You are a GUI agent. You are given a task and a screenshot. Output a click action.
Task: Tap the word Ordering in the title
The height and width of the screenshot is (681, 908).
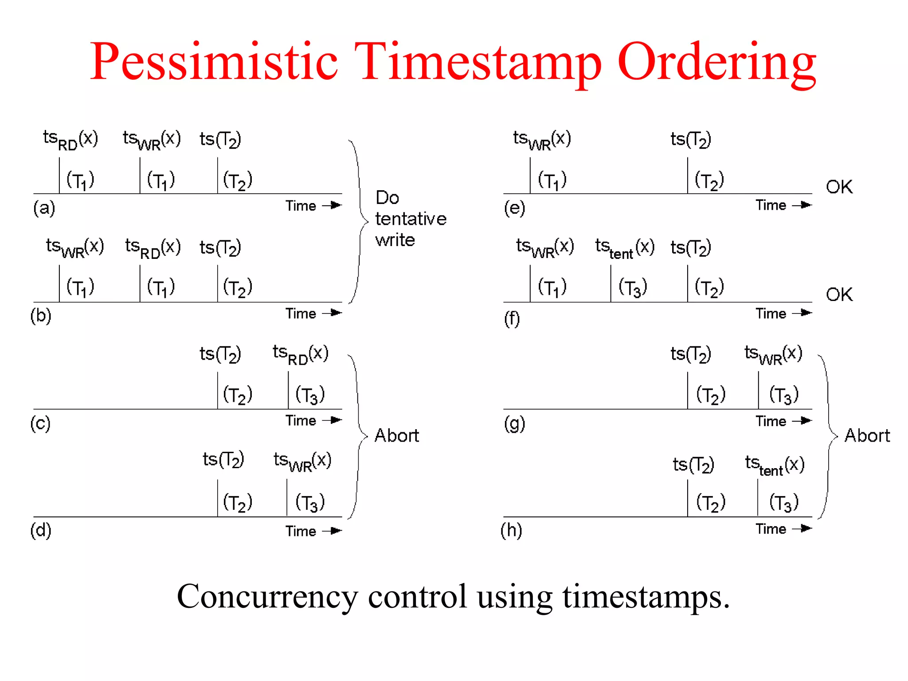pos(716,62)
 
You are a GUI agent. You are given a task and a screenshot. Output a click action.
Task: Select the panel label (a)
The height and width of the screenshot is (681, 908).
pos(44,207)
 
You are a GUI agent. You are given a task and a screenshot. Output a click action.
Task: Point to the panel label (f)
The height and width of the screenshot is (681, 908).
pos(512,318)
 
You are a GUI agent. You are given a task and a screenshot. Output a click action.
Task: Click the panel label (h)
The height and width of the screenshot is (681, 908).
pos(511,530)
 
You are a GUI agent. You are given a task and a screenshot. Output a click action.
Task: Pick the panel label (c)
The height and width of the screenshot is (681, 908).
pos(40,423)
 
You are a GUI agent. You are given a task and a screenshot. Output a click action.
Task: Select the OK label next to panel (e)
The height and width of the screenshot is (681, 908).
pos(839,187)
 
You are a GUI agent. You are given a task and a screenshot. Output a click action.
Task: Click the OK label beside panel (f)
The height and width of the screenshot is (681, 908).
pos(839,294)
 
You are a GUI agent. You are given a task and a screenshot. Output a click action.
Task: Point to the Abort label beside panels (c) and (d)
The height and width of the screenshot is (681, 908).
pos(396,435)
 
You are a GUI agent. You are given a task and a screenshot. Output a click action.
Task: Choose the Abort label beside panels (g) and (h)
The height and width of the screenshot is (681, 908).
pos(867,435)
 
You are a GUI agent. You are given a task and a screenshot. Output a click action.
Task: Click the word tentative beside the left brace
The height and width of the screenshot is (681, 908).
pos(411,219)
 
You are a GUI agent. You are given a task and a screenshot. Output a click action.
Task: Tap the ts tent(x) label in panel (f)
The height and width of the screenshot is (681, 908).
pos(624,248)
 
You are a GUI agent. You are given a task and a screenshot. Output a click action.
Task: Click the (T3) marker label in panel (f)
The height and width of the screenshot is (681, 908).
pos(633,287)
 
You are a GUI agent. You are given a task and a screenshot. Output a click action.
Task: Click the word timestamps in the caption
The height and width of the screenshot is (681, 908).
pos(646,596)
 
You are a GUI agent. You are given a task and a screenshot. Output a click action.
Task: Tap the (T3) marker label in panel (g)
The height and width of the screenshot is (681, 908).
pos(783,395)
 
